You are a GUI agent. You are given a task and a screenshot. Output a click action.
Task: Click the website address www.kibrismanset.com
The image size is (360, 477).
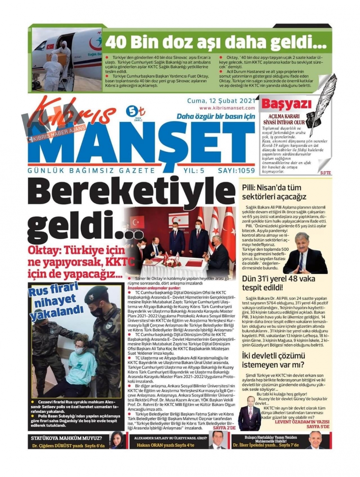pos(227,108)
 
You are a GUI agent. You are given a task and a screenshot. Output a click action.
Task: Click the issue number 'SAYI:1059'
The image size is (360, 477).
pos(236,171)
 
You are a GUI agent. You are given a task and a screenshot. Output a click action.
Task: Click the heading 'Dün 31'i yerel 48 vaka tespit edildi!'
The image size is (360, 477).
pos(278,283)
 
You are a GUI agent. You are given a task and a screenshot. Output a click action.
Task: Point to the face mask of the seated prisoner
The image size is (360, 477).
pos(79,350)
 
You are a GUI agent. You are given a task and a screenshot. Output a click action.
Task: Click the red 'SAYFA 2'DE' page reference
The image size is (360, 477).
pos(224,428)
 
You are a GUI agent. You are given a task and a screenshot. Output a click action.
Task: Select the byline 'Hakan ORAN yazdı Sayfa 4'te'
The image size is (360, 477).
pos(165,445)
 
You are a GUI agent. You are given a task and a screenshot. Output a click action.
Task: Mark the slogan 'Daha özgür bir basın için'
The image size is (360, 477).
pos(216,116)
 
